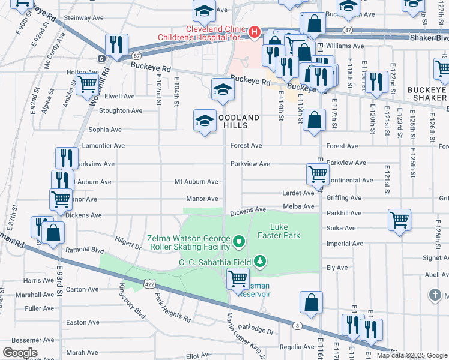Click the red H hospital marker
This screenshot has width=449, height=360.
pos(255,31)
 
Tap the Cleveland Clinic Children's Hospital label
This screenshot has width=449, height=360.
pos(202,33)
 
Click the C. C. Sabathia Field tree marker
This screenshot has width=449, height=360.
pos(259,261)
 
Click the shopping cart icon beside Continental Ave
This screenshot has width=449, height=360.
pos(318,175)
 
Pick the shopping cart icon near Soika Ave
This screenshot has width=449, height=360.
pos(399,220)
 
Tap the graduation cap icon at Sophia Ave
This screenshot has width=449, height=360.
pos(205,120)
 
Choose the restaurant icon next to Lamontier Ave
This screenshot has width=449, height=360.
pos(67,158)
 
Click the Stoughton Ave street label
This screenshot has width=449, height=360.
pos(121,110)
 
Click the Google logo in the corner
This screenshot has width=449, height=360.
pos(20,353)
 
